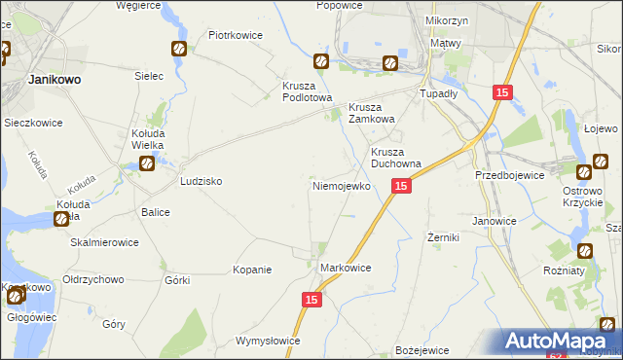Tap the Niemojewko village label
340,185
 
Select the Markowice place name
346,267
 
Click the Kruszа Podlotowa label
308,91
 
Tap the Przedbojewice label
508,175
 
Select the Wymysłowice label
268,342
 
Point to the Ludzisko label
202,182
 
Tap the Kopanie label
252,270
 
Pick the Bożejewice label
421,349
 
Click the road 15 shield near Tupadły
501,92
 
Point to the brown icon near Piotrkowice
179,50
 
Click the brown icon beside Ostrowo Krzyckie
585,172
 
